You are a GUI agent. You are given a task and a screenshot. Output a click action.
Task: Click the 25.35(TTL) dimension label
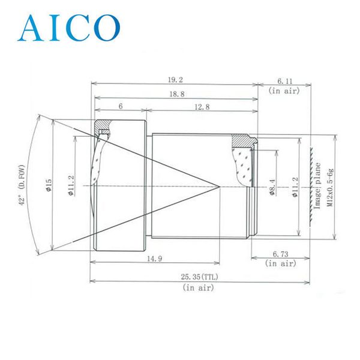[x=197, y=277]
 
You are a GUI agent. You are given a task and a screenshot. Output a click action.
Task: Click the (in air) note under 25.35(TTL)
[x=197, y=288]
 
